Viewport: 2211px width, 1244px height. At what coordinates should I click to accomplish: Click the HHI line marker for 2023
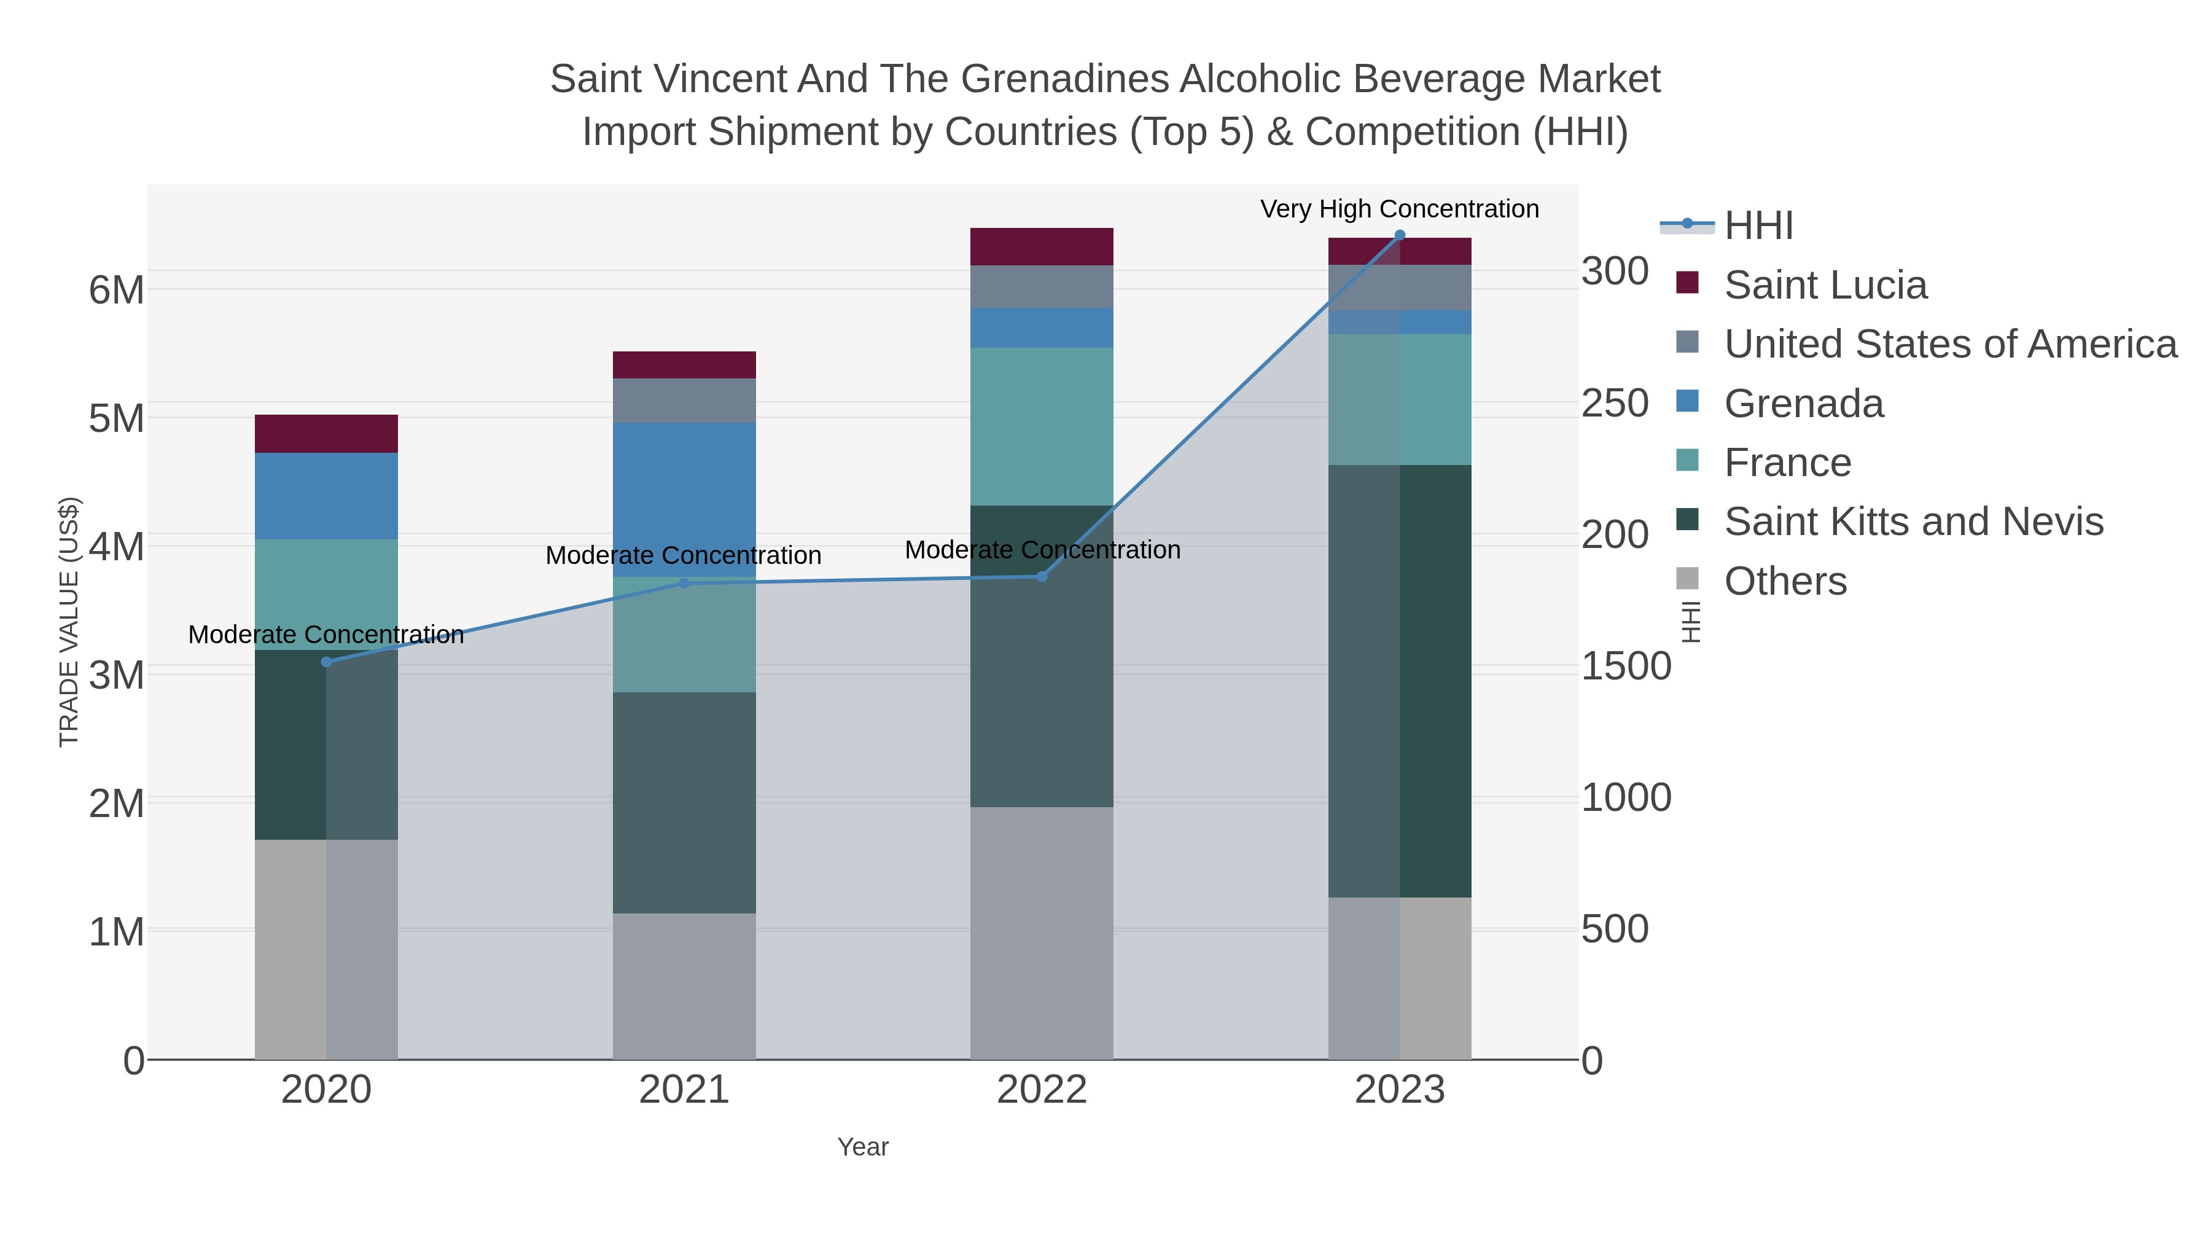pos(1400,235)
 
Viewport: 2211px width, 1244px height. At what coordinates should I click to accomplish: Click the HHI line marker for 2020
pos(326,662)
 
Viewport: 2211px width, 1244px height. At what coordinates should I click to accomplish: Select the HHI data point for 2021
pos(684,584)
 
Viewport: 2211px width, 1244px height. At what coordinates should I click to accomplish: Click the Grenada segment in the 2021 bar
pos(684,498)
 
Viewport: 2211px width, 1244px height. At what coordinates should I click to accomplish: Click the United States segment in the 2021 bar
pos(684,400)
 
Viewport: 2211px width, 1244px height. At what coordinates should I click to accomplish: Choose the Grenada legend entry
pos(1803,404)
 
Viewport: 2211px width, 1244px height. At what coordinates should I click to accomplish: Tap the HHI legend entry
pos(1758,226)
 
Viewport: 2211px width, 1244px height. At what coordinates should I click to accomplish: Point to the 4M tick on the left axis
pos(117,547)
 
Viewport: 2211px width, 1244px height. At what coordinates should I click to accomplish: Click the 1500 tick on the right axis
pos(1626,666)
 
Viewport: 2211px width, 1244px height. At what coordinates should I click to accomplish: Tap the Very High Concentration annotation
pos(1399,209)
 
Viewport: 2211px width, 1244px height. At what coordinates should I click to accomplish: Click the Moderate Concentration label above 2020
pos(326,635)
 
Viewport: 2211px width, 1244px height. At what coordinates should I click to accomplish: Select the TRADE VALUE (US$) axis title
pos(69,622)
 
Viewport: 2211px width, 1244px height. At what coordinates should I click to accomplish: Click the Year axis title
pos(863,1147)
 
